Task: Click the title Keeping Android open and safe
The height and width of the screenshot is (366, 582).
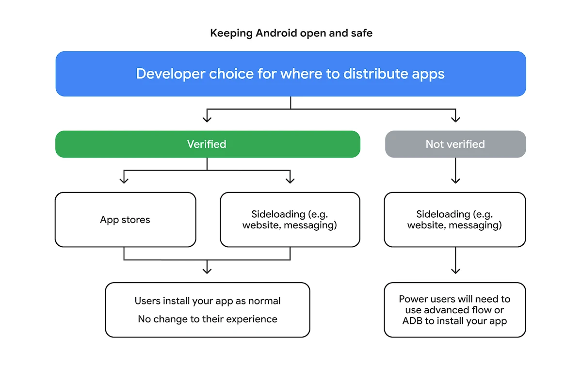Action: [x=291, y=33]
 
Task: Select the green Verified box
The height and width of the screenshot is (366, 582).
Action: [x=208, y=144]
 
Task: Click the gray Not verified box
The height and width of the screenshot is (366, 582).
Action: [x=455, y=144]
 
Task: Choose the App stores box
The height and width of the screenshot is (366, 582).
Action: [x=125, y=220]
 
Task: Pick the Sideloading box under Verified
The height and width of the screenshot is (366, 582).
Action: [x=290, y=220]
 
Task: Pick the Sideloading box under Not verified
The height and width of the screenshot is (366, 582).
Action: [x=455, y=220]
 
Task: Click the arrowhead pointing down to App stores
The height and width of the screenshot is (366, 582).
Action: [x=124, y=180]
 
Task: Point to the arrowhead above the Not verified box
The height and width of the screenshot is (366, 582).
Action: [x=455, y=118]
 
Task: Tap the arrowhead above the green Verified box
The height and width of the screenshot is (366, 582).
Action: [x=207, y=118]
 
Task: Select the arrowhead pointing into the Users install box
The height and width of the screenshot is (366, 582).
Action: [x=207, y=270]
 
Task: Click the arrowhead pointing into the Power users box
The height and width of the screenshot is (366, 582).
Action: [x=455, y=270]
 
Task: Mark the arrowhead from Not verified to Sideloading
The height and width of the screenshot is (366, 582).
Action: [x=455, y=180]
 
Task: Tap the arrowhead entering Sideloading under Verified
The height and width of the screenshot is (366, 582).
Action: [x=290, y=180]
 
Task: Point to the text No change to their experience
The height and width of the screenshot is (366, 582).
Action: [x=208, y=319]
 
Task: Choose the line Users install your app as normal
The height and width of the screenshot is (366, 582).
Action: [x=208, y=301]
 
